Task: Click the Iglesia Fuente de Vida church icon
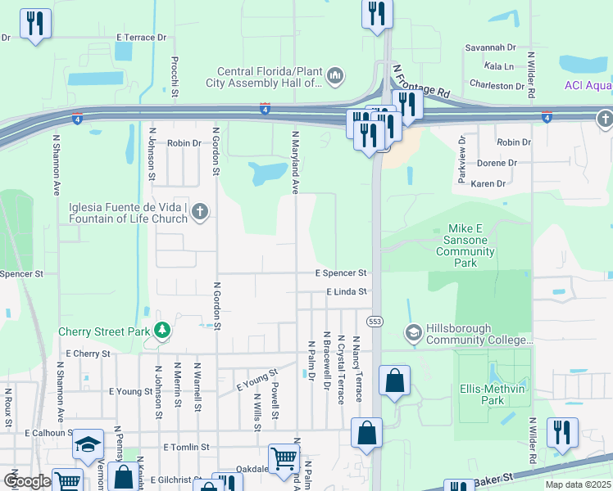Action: [x=199, y=213]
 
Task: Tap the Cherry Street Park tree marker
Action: [x=163, y=330]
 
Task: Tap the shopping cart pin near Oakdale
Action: [x=283, y=457]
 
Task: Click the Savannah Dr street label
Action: [x=490, y=48]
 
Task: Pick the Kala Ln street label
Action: [x=498, y=66]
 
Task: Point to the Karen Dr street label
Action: [x=488, y=184]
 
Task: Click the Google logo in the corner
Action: [x=26, y=481]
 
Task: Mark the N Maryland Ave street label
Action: [x=294, y=161]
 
